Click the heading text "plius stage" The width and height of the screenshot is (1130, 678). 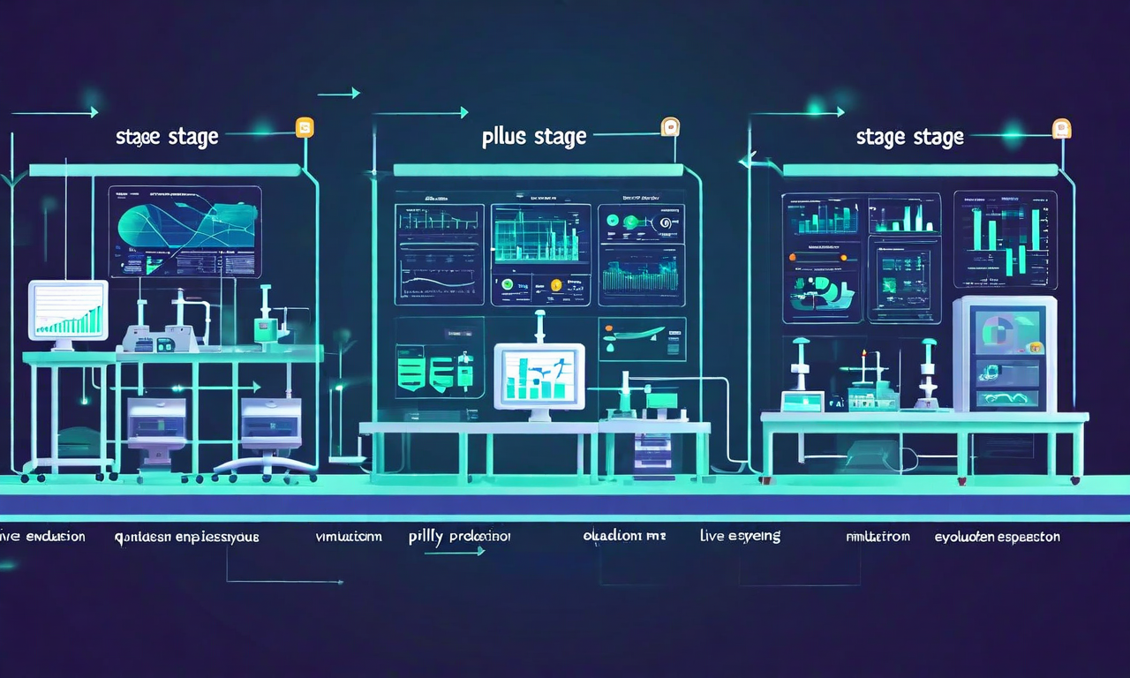(x=534, y=137)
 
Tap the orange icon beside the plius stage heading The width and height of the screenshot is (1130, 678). (x=670, y=126)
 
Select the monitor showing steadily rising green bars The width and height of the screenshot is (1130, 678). (x=68, y=310)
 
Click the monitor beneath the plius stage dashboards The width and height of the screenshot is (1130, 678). (x=539, y=376)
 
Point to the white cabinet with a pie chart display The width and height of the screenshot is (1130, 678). (x=1005, y=353)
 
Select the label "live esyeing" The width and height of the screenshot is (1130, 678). (x=740, y=536)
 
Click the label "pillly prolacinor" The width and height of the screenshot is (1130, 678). (x=459, y=536)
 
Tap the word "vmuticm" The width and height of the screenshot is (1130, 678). (x=349, y=536)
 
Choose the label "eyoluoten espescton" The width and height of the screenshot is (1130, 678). (x=997, y=536)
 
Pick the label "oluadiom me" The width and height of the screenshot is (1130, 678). (x=624, y=536)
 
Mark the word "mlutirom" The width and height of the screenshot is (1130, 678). (x=878, y=536)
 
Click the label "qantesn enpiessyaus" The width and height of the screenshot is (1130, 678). (x=186, y=536)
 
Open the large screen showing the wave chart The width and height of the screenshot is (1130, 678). (x=185, y=231)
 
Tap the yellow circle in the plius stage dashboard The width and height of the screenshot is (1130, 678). (x=556, y=284)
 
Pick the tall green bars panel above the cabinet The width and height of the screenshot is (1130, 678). (x=1005, y=238)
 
